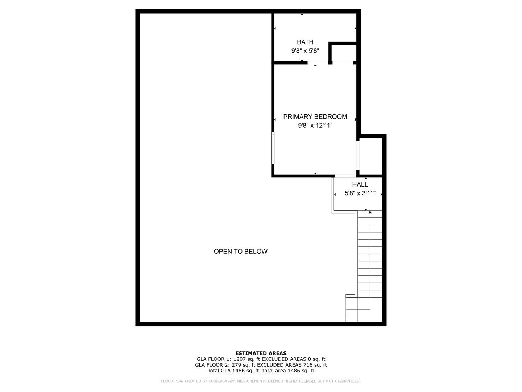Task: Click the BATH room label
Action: click(305, 42)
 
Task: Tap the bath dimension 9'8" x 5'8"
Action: click(305, 51)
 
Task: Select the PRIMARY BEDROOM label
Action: click(315, 117)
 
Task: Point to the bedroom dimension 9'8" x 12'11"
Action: click(315, 126)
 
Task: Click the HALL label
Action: click(360, 184)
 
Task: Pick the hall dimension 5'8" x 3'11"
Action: click(360, 193)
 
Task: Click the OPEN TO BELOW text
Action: click(240, 251)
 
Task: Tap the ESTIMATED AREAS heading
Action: click(261, 353)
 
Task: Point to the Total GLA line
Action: click(261, 371)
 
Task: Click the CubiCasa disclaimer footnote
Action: click(261, 381)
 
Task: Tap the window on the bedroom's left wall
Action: click(273, 148)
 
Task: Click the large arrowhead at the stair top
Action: click(370, 212)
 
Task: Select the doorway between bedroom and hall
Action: click(345, 176)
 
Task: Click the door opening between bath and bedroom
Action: click(318, 62)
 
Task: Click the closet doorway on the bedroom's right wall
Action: click(358, 156)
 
